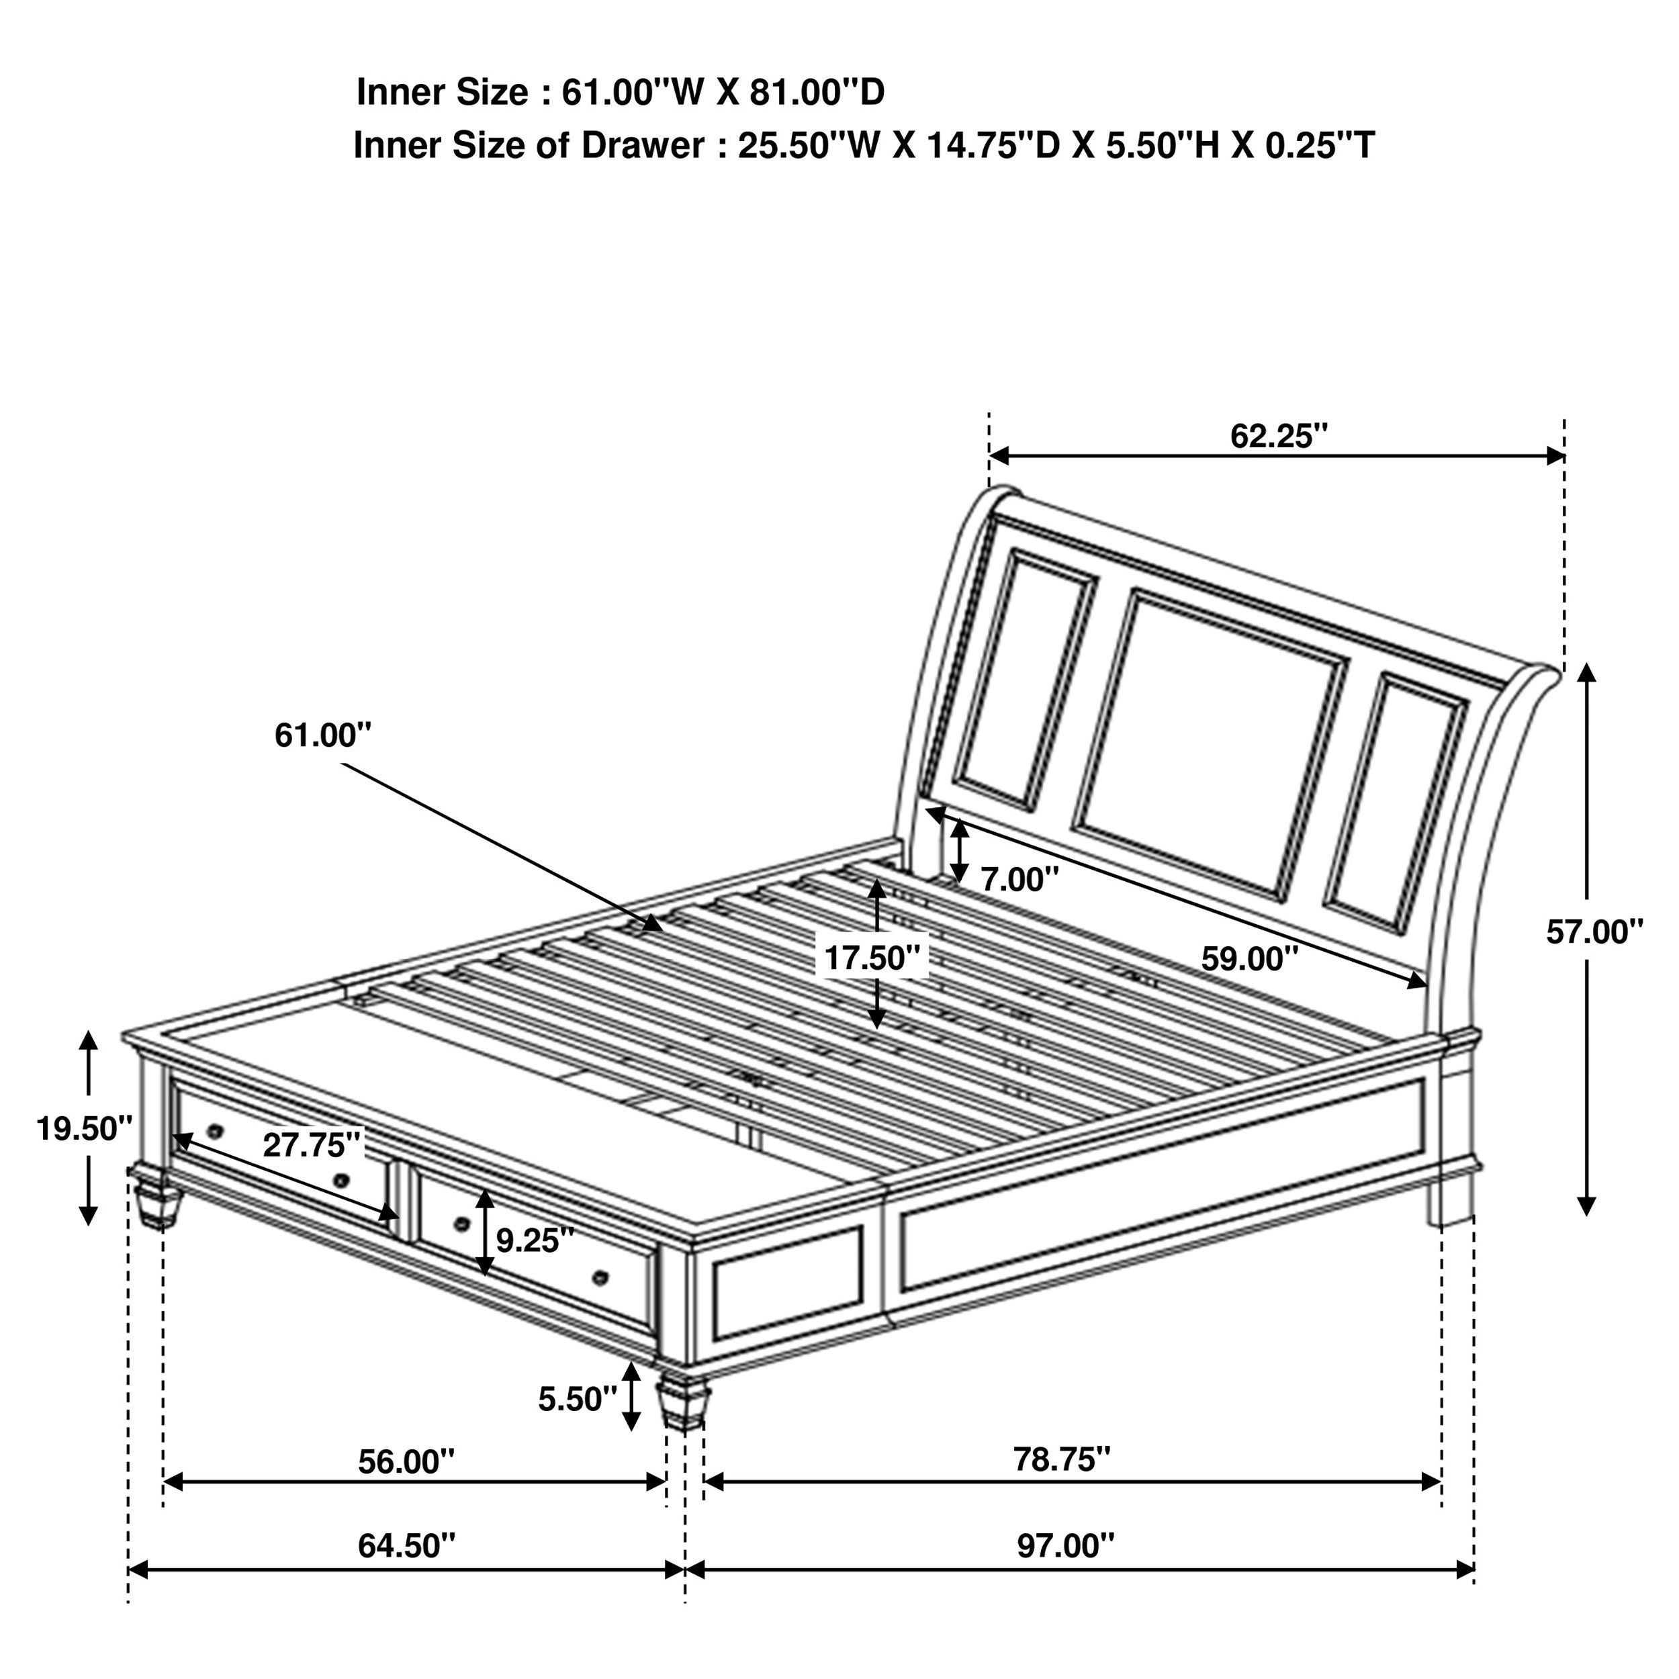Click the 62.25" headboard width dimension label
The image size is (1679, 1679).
pyautogui.click(x=1278, y=437)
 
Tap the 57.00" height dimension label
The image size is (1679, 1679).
pyautogui.click(x=1594, y=932)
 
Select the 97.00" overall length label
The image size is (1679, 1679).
pyautogui.click(x=1065, y=1545)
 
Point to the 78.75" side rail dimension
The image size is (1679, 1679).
pyautogui.click(x=1062, y=1459)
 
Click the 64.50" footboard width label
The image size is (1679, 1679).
pyautogui.click(x=406, y=1545)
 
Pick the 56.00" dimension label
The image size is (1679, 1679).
pyautogui.click(x=406, y=1461)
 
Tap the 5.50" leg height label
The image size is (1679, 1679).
pyautogui.click(x=577, y=1398)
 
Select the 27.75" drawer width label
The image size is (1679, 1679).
pyautogui.click(x=311, y=1144)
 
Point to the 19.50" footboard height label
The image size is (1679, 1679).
pyautogui.click(x=83, y=1129)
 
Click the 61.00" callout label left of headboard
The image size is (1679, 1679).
pyautogui.click(x=322, y=735)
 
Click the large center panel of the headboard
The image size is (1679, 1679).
pyautogui.click(x=1208, y=745)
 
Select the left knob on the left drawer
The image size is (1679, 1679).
pyautogui.click(x=216, y=1130)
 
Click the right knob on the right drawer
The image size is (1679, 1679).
pyautogui.click(x=599, y=1277)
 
